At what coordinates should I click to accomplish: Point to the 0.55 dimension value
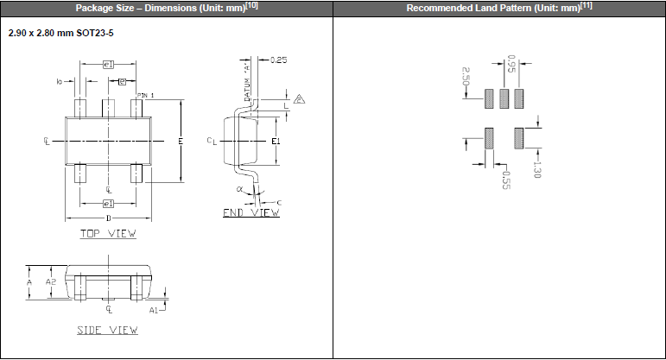pos(506,179)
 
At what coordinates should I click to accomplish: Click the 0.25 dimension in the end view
pos(279,60)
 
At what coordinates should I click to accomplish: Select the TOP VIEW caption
pos(108,233)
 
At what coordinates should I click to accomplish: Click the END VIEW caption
pos(251,212)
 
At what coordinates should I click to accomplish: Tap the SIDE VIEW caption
pos(108,330)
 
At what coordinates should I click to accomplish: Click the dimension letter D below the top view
pos(108,218)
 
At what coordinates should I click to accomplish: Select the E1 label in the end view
pos(276,141)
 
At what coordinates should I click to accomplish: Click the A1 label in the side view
pos(154,308)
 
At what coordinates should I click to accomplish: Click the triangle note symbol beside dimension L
pos(300,98)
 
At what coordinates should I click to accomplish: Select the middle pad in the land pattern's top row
pos(504,98)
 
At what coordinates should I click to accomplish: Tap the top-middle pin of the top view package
pos(108,109)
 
